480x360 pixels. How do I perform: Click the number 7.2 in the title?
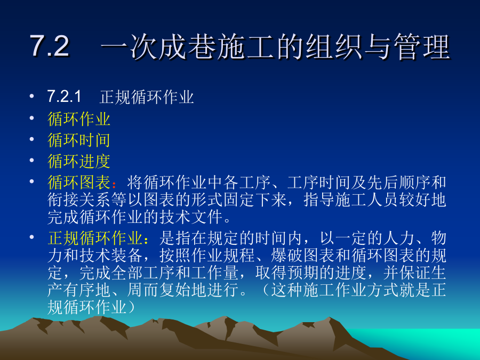[x=50, y=46]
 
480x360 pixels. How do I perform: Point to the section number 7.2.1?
[x=64, y=97]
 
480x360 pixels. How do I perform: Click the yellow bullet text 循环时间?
[x=79, y=140]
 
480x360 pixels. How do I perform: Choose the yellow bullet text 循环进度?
[x=79, y=161]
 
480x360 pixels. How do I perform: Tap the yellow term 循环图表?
[x=79, y=182]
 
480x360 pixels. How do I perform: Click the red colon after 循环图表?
[x=114, y=185]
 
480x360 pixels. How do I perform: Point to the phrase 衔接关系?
[x=79, y=199]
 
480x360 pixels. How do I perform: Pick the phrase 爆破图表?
[x=302, y=255]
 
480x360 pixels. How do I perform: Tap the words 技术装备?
[x=111, y=255]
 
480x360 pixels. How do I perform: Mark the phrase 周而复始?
[x=158, y=290]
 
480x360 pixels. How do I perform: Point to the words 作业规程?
[x=223, y=255]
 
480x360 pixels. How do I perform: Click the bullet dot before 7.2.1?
[x=31, y=97]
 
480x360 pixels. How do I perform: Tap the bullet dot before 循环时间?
[x=31, y=139]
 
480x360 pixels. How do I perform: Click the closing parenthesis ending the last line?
[x=131, y=307]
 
